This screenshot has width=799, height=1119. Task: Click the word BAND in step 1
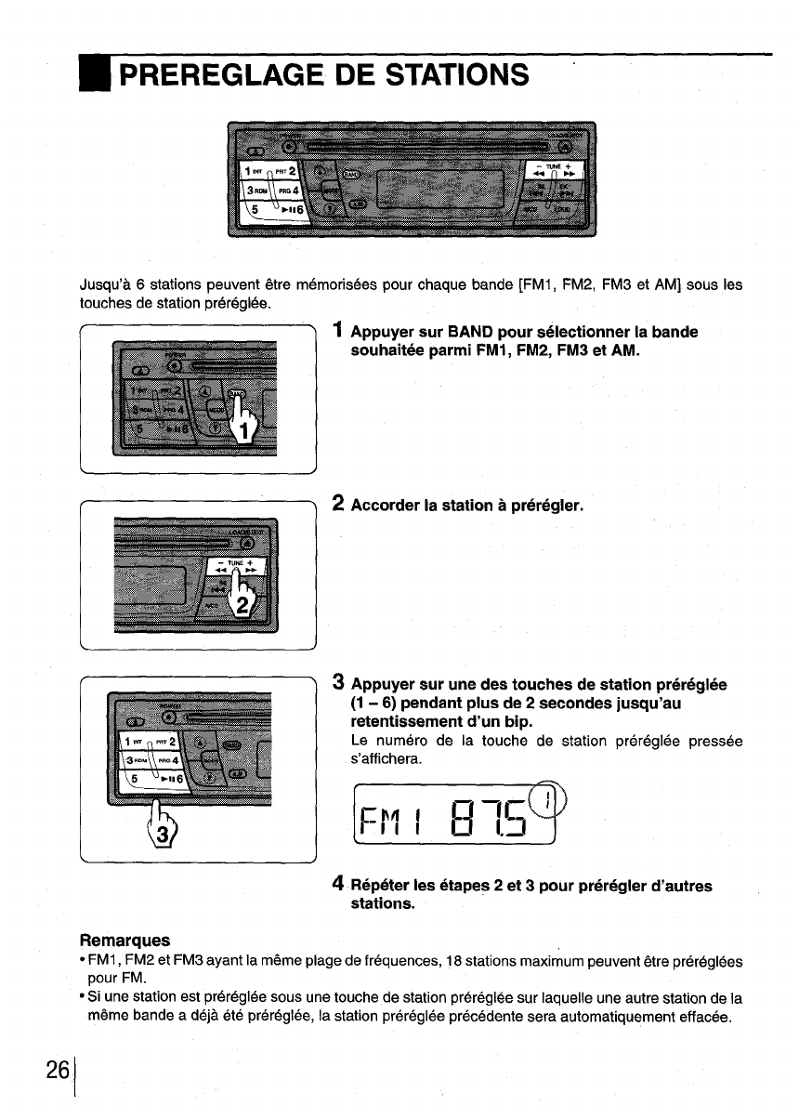point(473,333)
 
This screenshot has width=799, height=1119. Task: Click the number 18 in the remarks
point(460,958)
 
